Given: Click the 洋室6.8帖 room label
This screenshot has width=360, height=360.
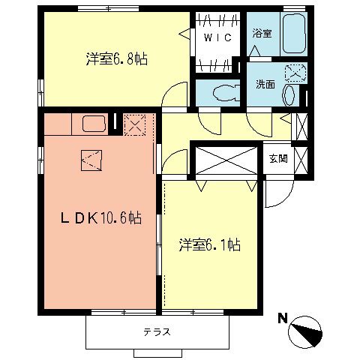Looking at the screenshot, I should pos(115,59).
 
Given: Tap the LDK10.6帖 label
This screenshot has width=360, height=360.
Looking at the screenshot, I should pos(101,218).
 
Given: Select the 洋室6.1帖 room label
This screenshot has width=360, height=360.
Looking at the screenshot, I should pos(209,245).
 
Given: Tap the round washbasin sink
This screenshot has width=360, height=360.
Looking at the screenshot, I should pos(289,93).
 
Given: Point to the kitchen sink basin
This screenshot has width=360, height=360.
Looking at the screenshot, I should pos(94,123).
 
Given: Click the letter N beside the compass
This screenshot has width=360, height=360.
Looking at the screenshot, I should pos(283,317).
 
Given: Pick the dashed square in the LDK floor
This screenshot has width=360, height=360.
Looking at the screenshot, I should pos(91,159).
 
